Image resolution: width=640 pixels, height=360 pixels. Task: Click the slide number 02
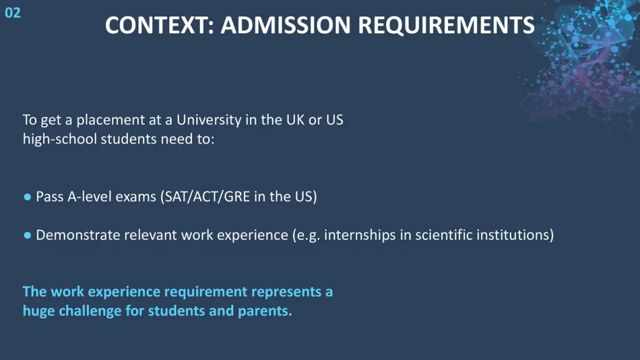[12, 13]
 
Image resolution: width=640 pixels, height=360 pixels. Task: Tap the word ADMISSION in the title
[286, 25]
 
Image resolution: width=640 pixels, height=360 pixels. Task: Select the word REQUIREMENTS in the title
[446, 25]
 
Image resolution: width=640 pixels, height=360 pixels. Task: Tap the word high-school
[59, 139]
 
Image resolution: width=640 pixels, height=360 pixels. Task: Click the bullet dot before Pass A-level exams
[27, 197]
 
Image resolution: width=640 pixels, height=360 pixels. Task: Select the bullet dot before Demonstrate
[27, 236]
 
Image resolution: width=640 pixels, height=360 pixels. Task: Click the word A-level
[90, 197]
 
